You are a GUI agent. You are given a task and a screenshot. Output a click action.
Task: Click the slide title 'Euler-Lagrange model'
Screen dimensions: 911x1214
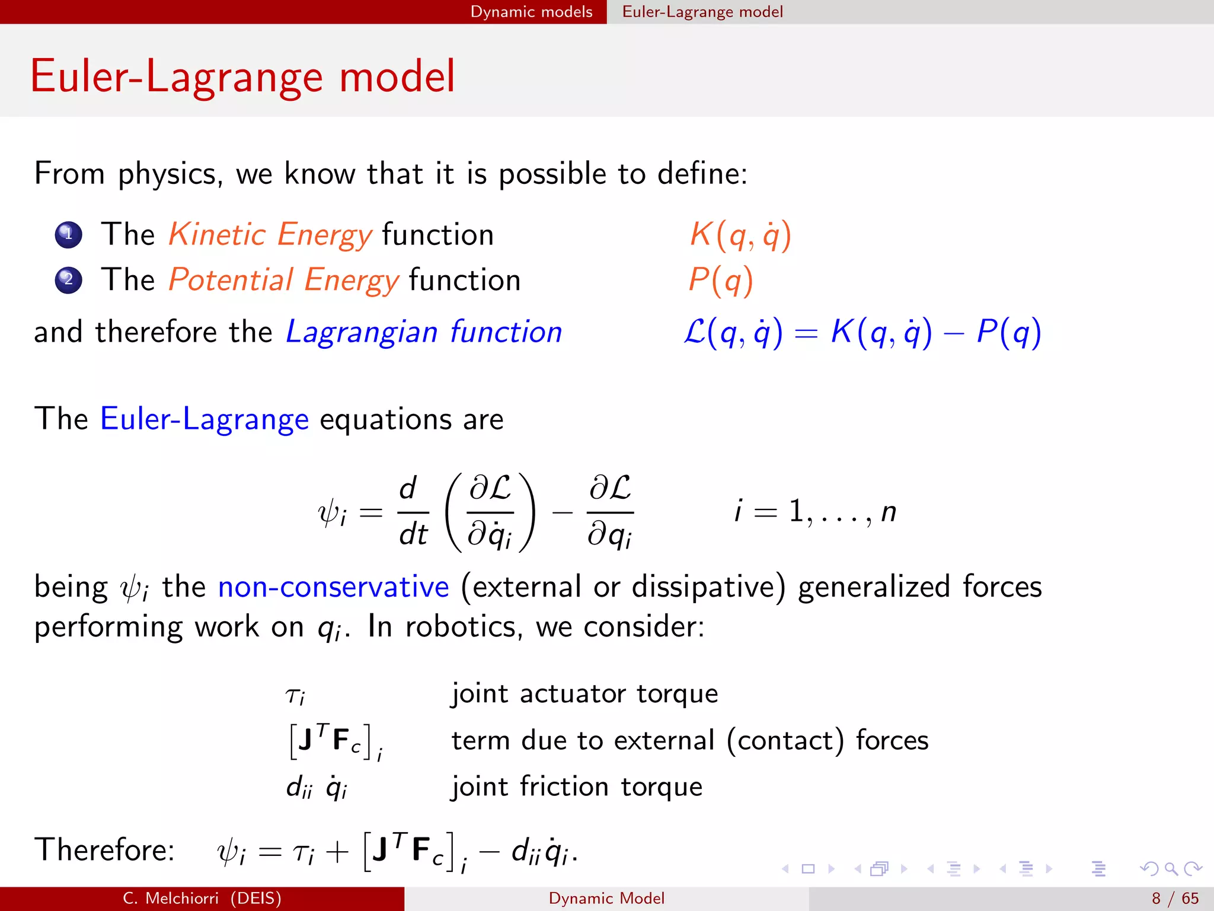(242, 77)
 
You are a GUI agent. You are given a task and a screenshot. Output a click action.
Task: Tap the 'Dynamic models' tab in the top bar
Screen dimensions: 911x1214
(531, 12)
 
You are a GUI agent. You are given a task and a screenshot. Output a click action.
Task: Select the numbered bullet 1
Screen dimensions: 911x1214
(68, 235)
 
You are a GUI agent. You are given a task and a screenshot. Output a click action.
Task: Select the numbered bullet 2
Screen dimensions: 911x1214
(68, 280)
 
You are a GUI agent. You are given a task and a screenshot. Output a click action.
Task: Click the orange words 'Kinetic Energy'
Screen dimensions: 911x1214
(270, 235)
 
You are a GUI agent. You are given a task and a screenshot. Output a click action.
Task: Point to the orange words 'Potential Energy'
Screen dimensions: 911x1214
(284, 280)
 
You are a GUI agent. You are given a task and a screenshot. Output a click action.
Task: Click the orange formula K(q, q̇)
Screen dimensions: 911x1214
(740, 235)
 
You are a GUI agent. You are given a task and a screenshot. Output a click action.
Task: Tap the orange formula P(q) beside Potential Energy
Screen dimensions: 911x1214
(721, 280)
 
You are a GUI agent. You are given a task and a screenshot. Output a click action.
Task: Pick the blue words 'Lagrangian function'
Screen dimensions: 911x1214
(424, 332)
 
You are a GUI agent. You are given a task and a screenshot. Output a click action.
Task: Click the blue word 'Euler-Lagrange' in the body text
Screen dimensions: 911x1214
(205, 419)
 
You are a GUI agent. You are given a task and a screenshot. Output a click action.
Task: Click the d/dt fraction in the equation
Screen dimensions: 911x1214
(413, 511)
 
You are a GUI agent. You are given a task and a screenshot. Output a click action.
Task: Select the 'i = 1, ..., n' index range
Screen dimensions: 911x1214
(815, 511)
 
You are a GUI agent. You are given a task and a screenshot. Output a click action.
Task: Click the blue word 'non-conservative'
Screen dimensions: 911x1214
(333, 587)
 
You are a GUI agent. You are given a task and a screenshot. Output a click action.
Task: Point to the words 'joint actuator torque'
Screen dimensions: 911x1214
(584, 693)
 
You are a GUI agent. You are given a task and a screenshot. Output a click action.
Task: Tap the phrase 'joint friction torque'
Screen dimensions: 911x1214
(577, 787)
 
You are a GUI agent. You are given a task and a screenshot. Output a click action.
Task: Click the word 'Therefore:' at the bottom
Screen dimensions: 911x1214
(104, 849)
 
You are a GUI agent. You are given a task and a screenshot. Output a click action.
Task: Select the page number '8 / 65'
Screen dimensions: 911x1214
(1175, 899)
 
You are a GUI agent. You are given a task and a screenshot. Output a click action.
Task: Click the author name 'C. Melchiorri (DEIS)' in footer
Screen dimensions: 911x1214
(202, 899)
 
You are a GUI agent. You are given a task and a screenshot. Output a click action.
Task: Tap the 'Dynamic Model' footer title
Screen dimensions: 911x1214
(606, 899)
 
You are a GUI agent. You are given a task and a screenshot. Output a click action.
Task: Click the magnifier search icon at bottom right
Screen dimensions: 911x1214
(1171, 869)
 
